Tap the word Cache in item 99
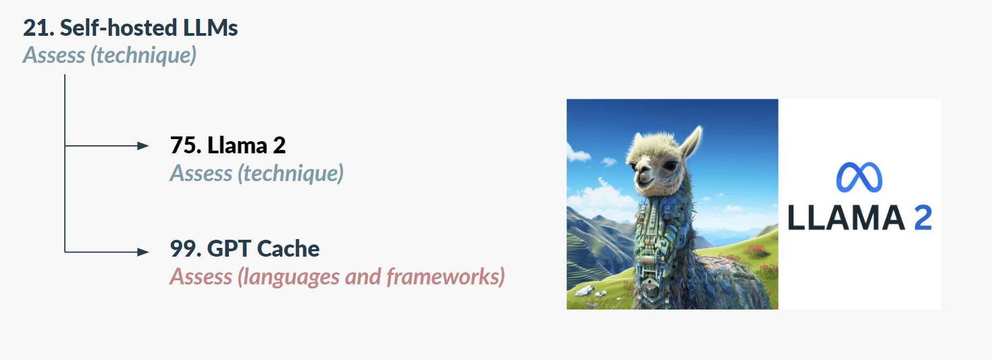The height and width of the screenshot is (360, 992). (x=288, y=249)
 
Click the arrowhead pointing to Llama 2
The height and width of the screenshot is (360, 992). (x=143, y=146)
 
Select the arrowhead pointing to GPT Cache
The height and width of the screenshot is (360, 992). (x=143, y=252)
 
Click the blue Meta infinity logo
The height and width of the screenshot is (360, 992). (x=859, y=177)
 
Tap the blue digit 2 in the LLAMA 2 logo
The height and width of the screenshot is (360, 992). (x=923, y=217)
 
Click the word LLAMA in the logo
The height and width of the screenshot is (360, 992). (x=846, y=217)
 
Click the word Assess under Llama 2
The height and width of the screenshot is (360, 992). (x=201, y=173)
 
